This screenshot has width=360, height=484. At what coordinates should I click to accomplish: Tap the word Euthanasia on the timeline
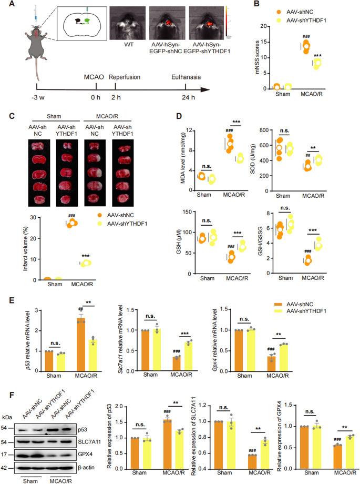click(x=188, y=76)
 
